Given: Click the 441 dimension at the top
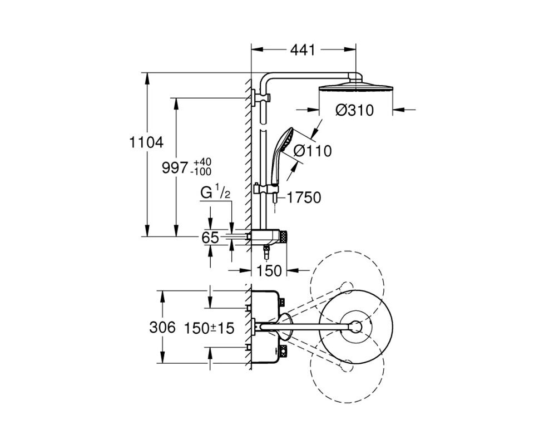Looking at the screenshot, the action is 303,50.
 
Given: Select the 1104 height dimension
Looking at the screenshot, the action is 146,142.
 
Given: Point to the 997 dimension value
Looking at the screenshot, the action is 175,168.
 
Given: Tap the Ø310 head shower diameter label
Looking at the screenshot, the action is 354,110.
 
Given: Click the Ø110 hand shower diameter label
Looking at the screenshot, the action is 313,151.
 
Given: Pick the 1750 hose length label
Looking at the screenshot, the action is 304,197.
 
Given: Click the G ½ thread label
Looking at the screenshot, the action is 215,192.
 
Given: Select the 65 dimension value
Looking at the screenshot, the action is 210,238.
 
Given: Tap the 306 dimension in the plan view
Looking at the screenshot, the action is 162,327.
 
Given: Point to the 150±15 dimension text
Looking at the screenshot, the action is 209,328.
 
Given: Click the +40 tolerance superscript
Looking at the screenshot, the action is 202,162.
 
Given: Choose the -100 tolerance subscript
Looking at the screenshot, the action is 202,171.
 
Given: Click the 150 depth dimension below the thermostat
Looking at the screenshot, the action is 269,270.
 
